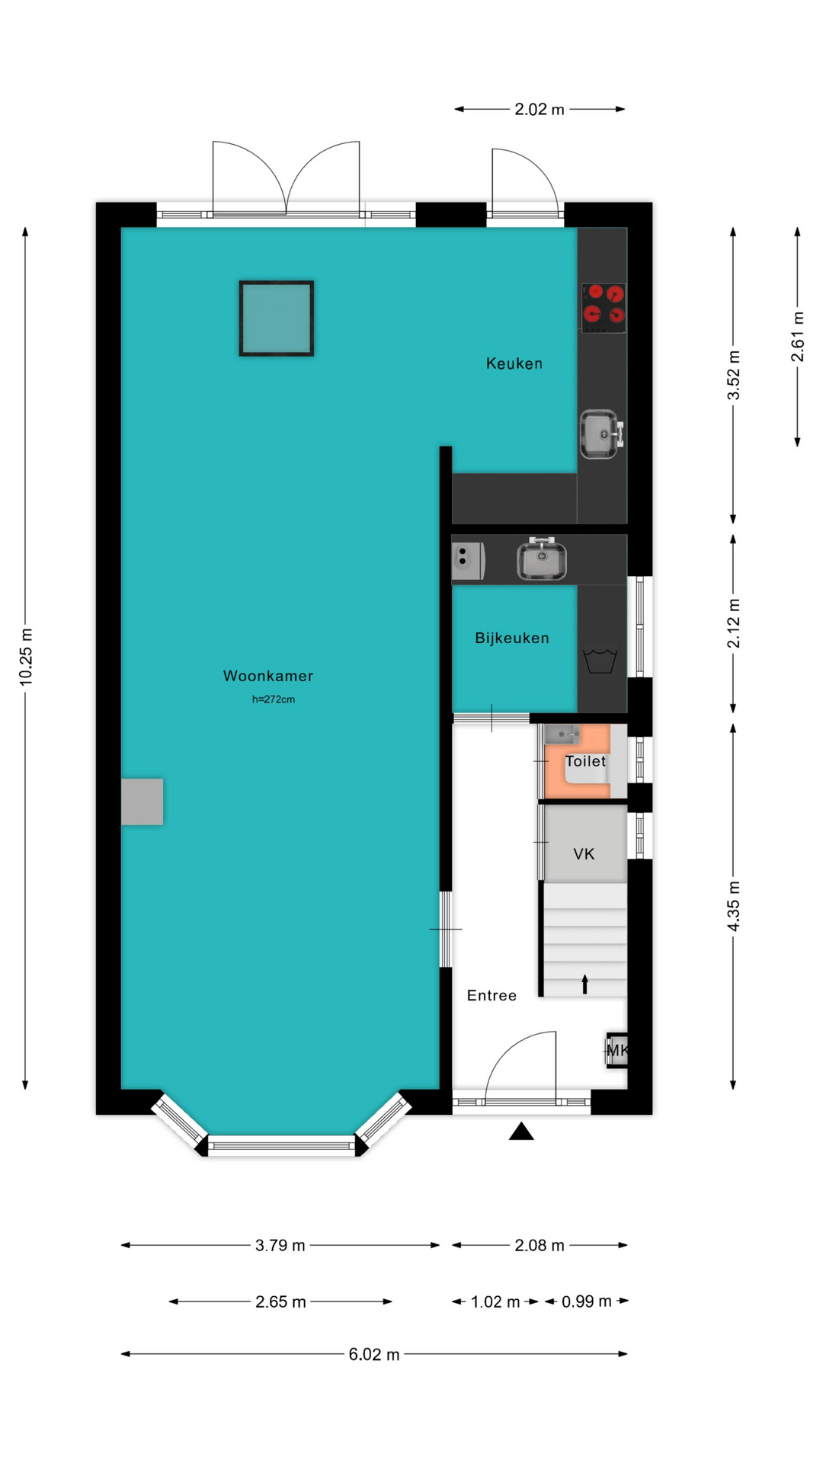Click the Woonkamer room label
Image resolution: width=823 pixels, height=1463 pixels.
[x=268, y=676]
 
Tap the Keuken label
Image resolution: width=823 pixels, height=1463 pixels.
[x=514, y=363]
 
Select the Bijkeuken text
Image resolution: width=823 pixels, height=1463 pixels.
[x=512, y=638]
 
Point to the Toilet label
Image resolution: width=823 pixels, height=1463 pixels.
[x=585, y=761]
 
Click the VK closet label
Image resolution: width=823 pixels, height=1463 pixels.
[x=584, y=854]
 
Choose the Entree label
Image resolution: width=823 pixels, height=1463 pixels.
[x=492, y=995]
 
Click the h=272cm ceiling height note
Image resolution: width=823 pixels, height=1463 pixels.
[x=274, y=699]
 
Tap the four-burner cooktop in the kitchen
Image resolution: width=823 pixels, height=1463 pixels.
[x=604, y=308]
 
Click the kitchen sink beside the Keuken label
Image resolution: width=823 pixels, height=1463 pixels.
[x=602, y=434]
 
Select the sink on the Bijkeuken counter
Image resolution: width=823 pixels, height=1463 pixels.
[x=541, y=559]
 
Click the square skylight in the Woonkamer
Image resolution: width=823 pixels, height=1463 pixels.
[x=277, y=319]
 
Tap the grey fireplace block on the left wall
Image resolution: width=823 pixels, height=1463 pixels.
[x=142, y=802]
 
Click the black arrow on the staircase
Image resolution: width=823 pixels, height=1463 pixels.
[x=585, y=984]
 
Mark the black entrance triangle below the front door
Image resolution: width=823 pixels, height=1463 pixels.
[x=521, y=1131]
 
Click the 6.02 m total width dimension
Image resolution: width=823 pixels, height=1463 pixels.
[x=374, y=1354]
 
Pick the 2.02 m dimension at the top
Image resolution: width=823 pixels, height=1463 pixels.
[x=540, y=109]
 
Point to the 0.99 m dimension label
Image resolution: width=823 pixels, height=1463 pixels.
[x=587, y=1301]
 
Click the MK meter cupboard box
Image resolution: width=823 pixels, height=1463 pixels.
[x=617, y=1051]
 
